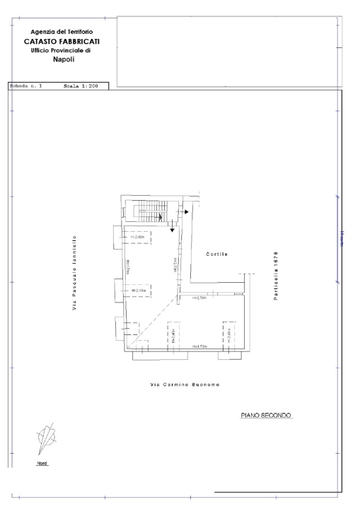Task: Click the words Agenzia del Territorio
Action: [60, 32]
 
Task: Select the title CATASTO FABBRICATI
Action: [61, 41]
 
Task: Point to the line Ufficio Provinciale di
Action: [60, 50]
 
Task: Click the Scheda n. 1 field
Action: [25, 86]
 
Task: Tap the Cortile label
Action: [217, 253]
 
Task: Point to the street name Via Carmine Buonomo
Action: [185, 384]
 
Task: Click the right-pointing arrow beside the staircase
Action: [186, 211]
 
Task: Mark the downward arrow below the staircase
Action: [173, 227]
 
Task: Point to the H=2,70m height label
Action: [199, 298]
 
